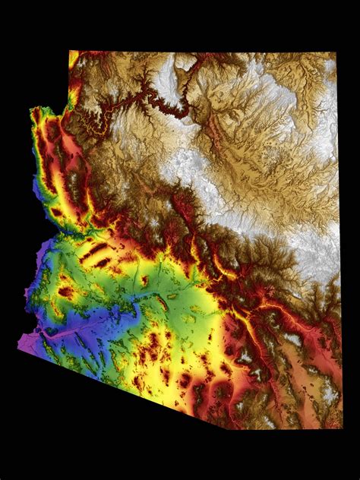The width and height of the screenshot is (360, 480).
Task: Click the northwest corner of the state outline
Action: (70, 52)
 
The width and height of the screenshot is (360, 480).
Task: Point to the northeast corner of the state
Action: (336, 54)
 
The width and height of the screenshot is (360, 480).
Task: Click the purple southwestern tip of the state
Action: (21, 347)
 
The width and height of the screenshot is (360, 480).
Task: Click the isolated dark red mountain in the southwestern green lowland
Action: (66, 292)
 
